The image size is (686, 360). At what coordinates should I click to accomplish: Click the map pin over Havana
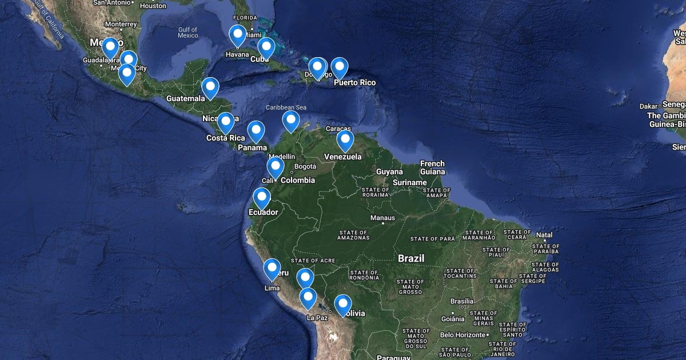238,35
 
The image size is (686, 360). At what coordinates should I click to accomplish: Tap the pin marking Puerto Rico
340,67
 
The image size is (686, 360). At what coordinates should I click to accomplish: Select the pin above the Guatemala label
210,87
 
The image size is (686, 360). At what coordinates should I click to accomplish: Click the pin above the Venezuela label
345,140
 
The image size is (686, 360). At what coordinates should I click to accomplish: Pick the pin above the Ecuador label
262,198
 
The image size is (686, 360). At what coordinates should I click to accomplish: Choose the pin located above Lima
272,269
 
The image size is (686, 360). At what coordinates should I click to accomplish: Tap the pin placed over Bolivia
342,304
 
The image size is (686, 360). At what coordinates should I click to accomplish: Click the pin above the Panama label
256,131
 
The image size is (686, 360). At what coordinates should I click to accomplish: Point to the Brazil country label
411,258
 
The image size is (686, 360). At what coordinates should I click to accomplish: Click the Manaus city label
382,218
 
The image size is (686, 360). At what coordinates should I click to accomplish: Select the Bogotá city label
304,167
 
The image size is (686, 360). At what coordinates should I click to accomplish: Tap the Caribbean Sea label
286,107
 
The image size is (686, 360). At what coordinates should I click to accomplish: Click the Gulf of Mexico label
188,33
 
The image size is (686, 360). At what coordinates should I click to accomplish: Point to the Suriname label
410,183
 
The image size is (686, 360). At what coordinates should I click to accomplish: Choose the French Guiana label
432,167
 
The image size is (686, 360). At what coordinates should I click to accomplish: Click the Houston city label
153,6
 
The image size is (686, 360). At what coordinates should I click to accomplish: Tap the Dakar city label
649,106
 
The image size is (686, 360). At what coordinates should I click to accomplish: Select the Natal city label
544,235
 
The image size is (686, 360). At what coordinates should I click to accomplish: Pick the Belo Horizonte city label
462,334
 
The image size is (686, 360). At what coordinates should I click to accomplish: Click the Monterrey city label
121,24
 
